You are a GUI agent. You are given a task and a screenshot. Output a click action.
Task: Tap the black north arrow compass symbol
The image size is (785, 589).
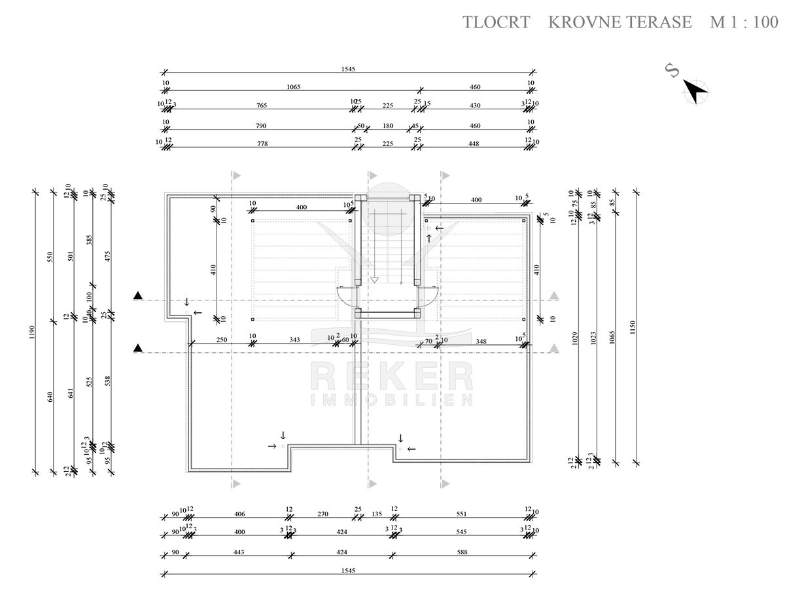[696, 90]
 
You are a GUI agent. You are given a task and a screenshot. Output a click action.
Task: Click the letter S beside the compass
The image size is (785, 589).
[671, 70]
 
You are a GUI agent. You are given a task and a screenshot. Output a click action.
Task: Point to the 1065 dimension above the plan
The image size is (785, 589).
[293, 87]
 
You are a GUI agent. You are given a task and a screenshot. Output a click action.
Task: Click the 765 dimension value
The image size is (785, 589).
[262, 105]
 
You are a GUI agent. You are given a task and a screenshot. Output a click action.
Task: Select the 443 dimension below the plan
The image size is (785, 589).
[238, 552]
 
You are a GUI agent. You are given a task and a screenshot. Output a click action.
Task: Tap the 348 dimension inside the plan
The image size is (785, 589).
[481, 341]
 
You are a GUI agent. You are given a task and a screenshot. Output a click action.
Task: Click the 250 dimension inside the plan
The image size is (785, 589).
[221, 339]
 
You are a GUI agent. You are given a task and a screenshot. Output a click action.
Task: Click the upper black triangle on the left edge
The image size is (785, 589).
[137, 296]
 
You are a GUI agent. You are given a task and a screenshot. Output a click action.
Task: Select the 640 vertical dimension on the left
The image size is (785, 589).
[50, 397]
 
